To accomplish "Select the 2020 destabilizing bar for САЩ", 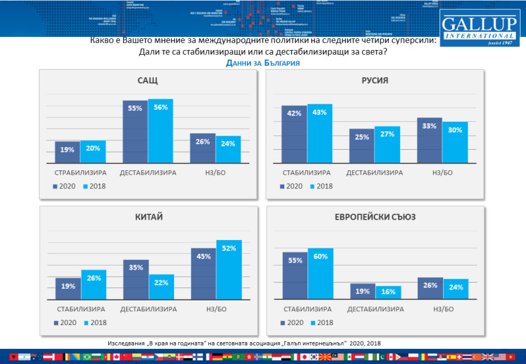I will (x=135, y=130).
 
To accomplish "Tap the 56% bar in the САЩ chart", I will (x=160, y=130).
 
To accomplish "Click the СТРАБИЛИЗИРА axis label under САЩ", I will (x=80, y=172).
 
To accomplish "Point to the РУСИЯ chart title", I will (x=375, y=81).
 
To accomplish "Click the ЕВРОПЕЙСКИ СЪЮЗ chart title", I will (x=375, y=218).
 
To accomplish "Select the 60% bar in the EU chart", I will (x=320, y=274).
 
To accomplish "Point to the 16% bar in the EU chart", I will (x=388, y=292).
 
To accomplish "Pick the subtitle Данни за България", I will (x=262, y=63).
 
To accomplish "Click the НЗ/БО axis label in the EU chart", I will (x=442, y=309).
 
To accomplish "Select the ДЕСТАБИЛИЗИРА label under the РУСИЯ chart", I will (x=374, y=172).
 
